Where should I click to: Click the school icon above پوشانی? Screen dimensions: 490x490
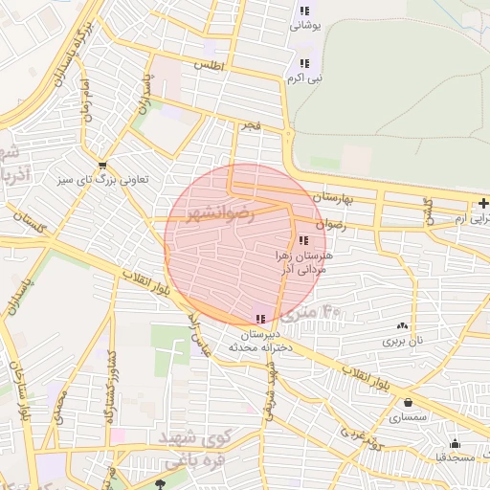(x=304, y=11)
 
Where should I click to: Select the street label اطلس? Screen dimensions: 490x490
(x=208, y=66)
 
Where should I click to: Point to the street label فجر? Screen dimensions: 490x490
(x=251, y=124)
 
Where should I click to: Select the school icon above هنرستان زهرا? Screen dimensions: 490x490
(x=303, y=240)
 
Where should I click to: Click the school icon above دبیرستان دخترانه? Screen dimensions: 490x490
(x=260, y=319)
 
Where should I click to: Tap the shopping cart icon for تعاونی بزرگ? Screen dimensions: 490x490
(x=101, y=164)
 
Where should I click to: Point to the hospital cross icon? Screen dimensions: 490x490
(x=483, y=203)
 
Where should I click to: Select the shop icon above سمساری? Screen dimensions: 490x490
(x=409, y=403)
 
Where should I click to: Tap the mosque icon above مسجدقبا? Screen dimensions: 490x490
(x=455, y=443)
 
